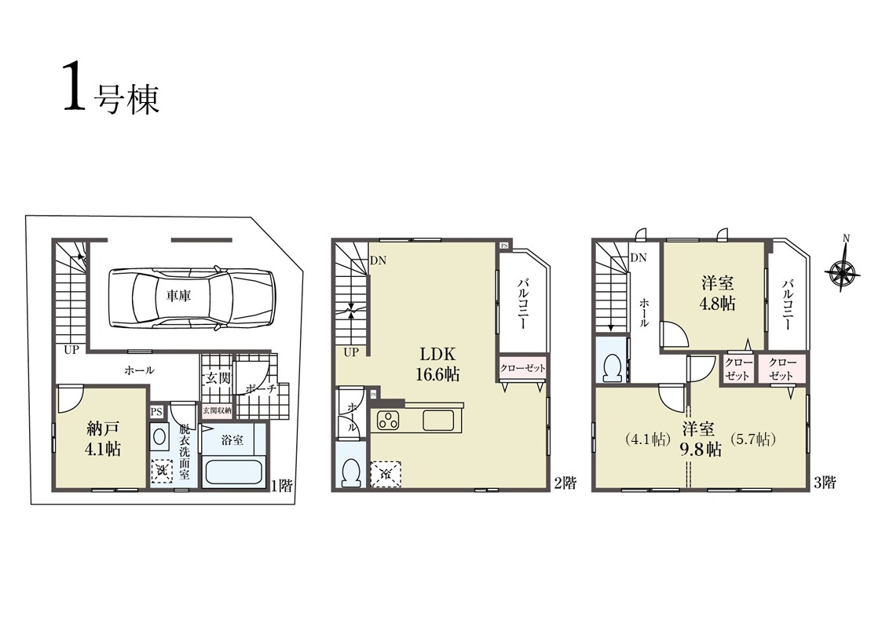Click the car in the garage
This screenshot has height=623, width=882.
(192, 297)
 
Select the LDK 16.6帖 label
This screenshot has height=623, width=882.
(437, 363)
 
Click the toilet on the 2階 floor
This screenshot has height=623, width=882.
(351, 472)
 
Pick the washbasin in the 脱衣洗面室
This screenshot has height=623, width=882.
(159, 436)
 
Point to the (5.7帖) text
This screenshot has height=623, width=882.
(753, 439)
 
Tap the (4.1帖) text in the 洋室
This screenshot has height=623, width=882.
(647, 439)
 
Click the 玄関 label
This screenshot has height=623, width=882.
(217, 377)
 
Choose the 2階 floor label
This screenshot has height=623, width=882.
(565, 483)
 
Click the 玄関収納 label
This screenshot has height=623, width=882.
(217, 410)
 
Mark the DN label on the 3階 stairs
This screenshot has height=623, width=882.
(639, 258)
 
